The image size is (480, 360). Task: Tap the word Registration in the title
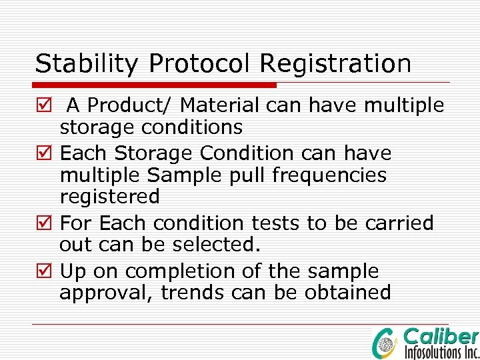(x=335, y=64)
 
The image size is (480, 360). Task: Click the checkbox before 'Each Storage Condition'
(x=43, y=154)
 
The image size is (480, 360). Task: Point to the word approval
(x=106, y=293)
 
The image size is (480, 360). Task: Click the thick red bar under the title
(x=155, y=85)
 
